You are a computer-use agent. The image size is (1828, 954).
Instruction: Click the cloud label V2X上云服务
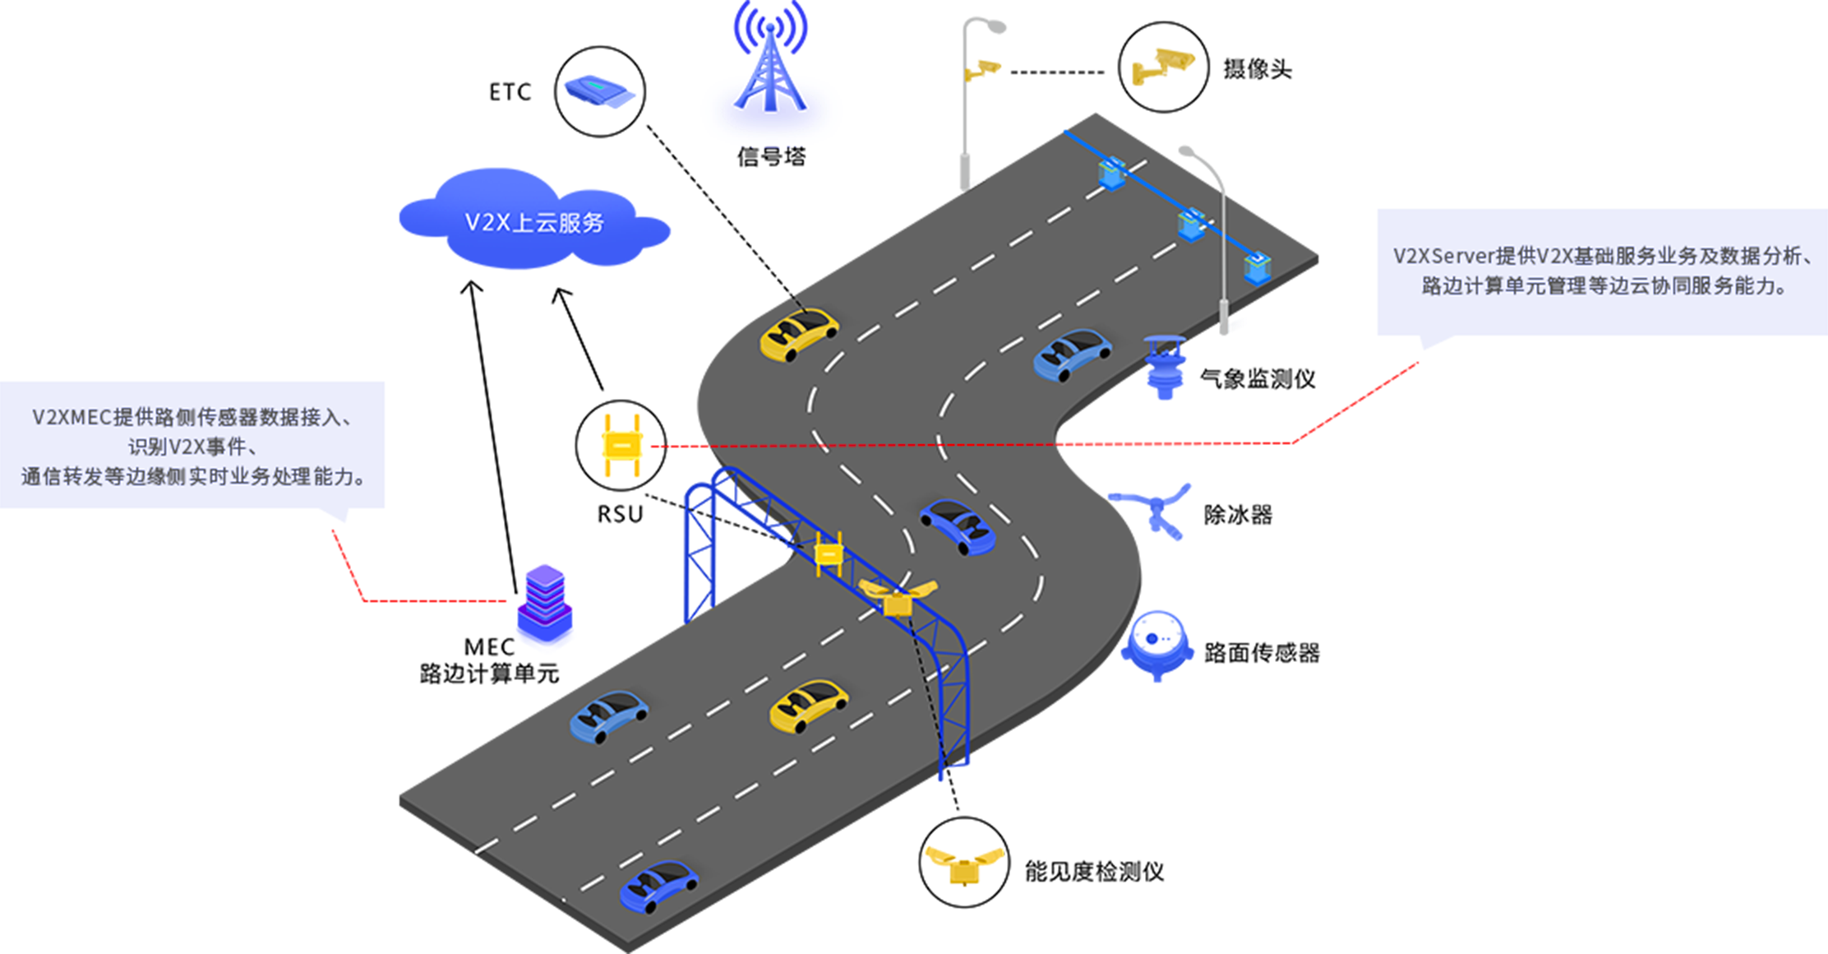534,223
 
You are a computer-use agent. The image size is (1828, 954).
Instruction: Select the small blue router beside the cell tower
599,90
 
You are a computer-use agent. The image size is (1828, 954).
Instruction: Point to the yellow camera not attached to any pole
1163,65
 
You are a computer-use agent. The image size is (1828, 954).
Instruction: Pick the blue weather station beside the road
1166,365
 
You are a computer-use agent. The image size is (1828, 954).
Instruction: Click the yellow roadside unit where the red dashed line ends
622,445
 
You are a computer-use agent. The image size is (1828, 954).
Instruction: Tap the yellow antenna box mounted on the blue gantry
829,554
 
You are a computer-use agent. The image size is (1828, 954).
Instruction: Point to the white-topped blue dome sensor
1157,642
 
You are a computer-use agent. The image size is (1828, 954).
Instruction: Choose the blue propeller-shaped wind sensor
1156,508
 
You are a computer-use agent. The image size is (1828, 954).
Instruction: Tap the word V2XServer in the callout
1443,256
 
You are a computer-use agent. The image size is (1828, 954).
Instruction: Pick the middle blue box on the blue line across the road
1191,224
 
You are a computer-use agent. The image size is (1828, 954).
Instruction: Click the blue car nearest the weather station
1072,354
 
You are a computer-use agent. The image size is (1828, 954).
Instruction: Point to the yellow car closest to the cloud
798,333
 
